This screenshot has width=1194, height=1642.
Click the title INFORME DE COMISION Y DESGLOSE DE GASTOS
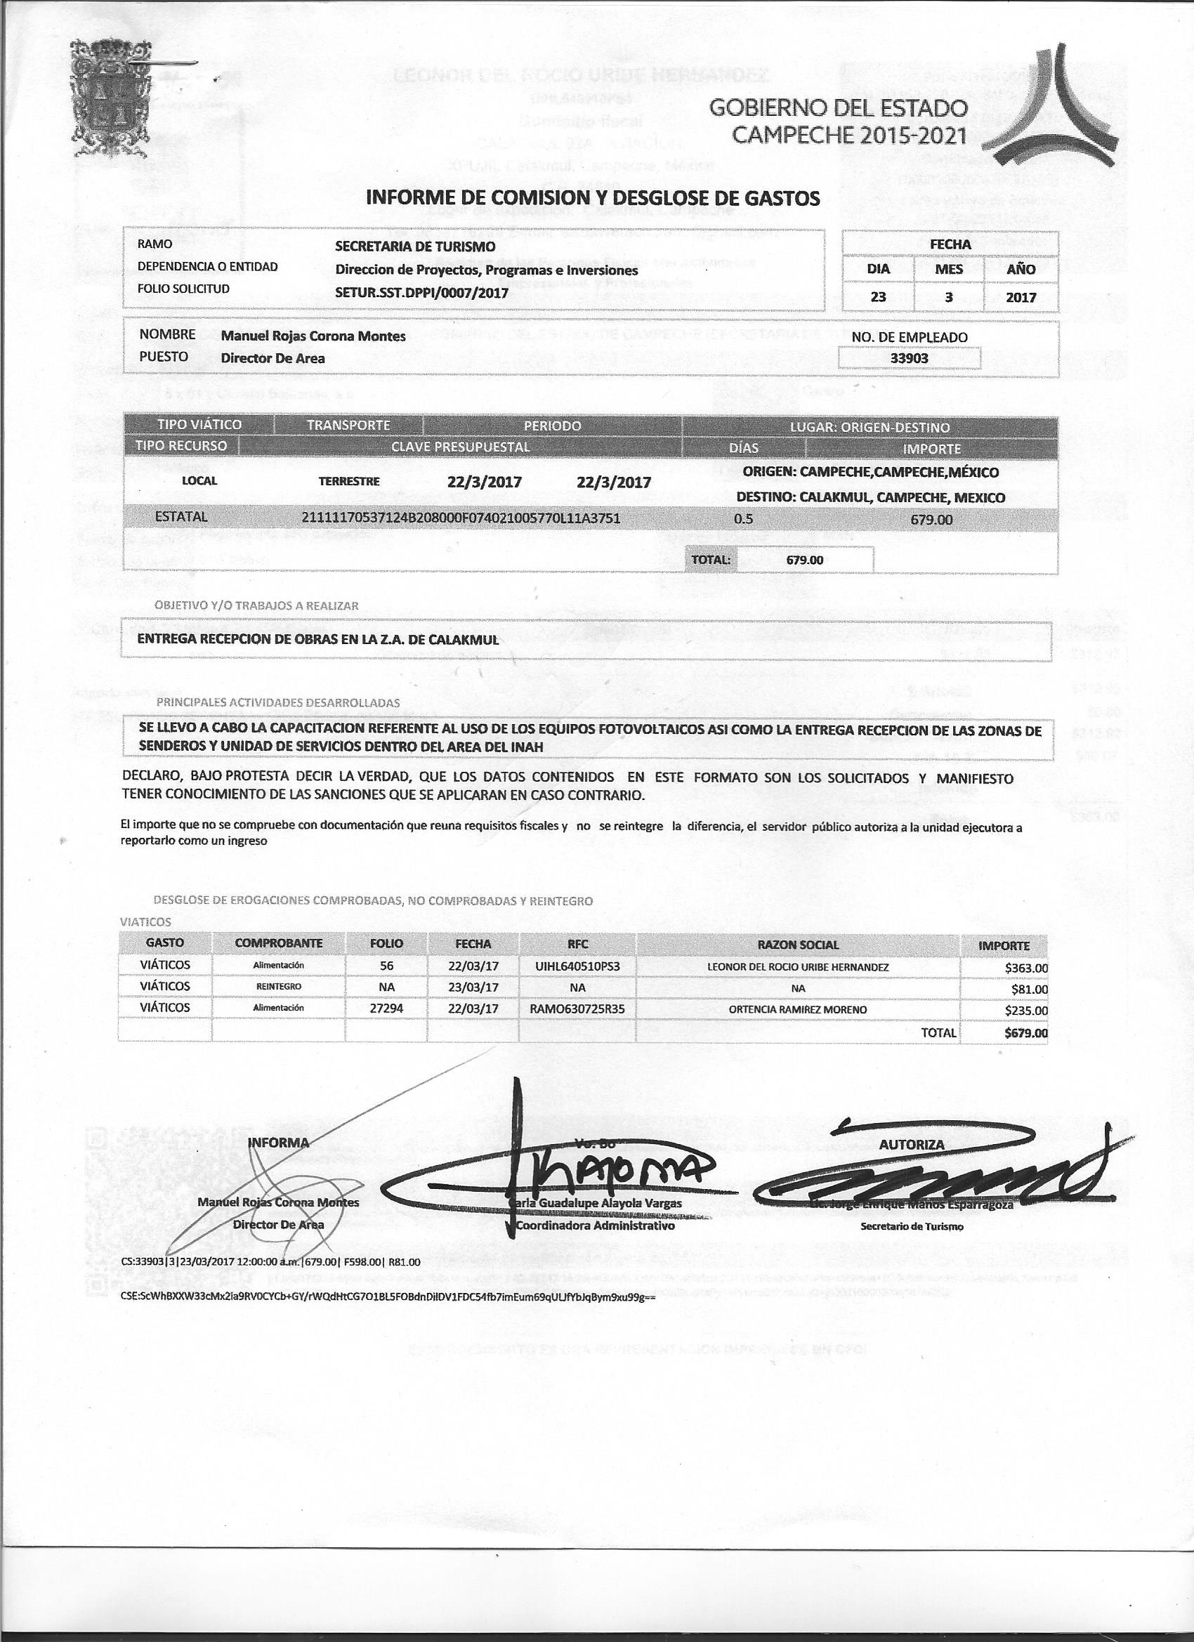coord(593,197)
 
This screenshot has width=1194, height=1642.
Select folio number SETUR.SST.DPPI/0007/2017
coord(421,295)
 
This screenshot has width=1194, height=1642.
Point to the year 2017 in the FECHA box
coord(1021,297)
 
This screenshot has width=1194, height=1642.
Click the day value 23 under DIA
coord(879,297)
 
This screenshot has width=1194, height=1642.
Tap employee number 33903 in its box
coord(910,357)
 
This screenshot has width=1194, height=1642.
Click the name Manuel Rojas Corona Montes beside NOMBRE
coord(313,336)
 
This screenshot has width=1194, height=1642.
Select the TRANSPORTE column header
coord(348,425)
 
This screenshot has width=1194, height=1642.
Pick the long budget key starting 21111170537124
coord(461,518)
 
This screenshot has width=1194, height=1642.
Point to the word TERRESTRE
coord(349,480)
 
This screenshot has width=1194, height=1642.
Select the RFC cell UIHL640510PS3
coord(578,966)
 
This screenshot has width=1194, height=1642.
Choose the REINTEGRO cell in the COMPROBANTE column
coord(279,987)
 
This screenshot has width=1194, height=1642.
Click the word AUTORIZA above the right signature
coord(912,1145)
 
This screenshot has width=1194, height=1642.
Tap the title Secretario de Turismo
coord(912,1226)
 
